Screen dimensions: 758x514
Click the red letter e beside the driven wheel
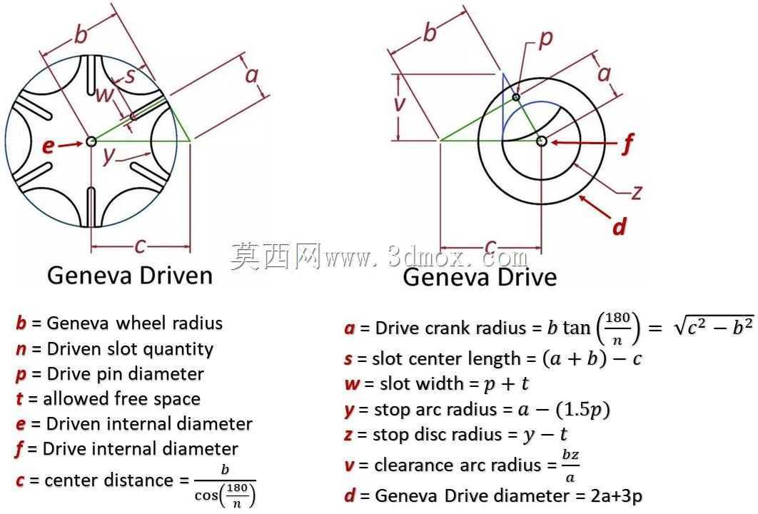[x=48, y=146]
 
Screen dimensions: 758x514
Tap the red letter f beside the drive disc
[x=627, y=143]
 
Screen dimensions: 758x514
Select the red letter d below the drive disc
[x=619, y=226]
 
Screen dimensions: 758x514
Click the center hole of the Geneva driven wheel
[x=91, y=141]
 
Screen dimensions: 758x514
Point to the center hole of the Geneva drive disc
[x=542, y=141]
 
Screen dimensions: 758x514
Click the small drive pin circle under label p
[x=516, y=97]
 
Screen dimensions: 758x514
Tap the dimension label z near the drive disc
[x=637, y=193]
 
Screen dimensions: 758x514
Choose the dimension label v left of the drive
[x=399, y=103]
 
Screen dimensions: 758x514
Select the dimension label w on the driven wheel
[x=104, y=95]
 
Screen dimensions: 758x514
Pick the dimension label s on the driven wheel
[x=130, y=76]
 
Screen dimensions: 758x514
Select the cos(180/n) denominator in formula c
[x=225, y=495]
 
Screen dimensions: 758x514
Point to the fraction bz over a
[x=570, y=465]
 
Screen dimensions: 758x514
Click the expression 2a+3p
[x=617, y=496]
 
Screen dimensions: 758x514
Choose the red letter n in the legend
[x=21, y=349]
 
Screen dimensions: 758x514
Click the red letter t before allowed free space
[x=19, y=399]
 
